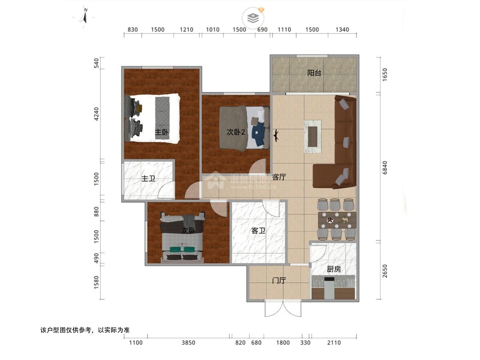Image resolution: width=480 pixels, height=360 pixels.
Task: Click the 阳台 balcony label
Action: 314,73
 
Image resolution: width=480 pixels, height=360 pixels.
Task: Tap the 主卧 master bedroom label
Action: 162,132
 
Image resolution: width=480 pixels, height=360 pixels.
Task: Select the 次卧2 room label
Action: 236,132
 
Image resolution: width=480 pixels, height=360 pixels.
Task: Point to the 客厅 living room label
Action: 279,177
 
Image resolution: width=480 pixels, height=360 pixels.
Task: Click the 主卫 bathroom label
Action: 148,178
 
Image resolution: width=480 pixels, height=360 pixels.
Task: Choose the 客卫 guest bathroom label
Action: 258,231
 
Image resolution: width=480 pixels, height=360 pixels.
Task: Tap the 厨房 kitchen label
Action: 334,269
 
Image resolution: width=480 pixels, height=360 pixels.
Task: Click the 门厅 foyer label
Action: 279,280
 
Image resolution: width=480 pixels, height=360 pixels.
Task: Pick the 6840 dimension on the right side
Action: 385,168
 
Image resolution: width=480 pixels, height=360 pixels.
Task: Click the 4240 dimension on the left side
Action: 96,114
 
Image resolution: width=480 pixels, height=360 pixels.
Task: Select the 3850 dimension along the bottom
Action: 188,342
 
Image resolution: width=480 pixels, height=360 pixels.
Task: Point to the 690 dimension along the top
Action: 262,30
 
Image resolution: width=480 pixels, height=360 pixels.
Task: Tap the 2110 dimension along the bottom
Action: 334,342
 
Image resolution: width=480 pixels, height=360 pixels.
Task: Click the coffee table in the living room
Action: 313,137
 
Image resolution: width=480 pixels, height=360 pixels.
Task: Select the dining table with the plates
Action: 337,220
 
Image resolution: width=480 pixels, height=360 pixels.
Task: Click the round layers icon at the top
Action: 253,18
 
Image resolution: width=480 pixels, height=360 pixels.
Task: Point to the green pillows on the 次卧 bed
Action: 182,249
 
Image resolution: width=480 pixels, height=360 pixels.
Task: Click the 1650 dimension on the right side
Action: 385,74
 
